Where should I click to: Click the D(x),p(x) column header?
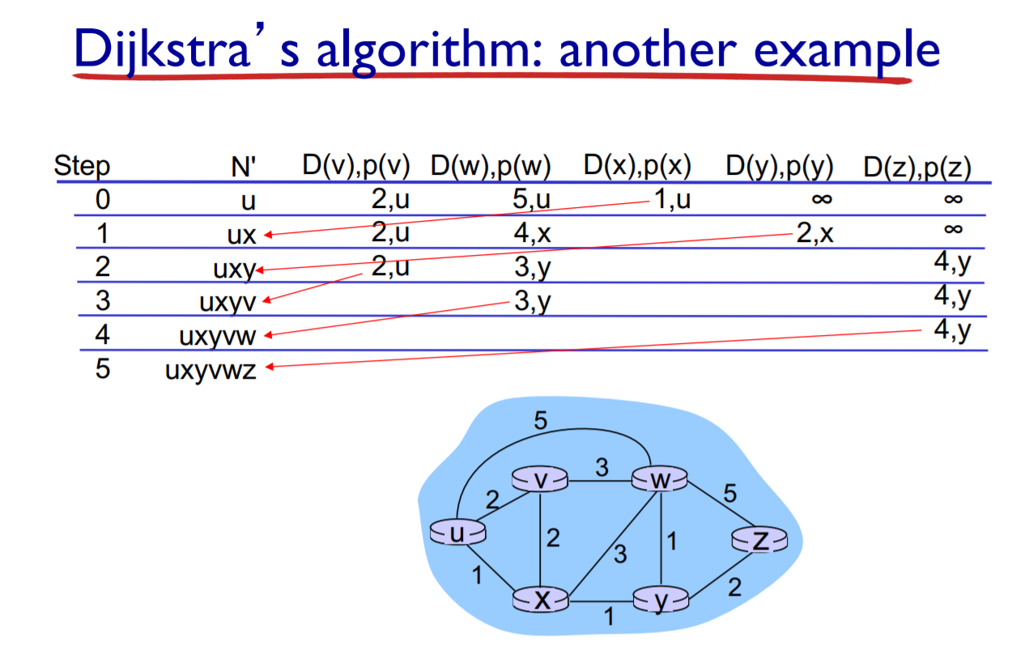636,166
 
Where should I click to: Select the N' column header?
243,168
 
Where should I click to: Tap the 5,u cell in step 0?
531,200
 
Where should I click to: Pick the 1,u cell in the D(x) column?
672,199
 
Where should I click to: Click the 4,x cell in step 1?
532,234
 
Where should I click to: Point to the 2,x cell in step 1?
814,234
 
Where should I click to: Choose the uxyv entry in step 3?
227,303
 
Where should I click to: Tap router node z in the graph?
759,540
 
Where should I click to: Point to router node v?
541,479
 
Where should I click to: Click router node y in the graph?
661,600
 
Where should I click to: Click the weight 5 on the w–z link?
730,494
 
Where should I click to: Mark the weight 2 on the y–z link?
734,588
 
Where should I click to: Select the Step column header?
82,168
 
